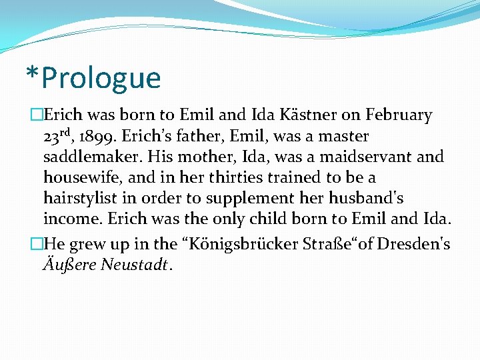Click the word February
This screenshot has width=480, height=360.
click(400, 115)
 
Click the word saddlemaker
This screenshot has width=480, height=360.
click(93, 157)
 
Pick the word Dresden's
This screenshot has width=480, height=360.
click(413, 244)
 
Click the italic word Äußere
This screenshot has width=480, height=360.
click(69, 265)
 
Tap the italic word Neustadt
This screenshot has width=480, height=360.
click(136, 265)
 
